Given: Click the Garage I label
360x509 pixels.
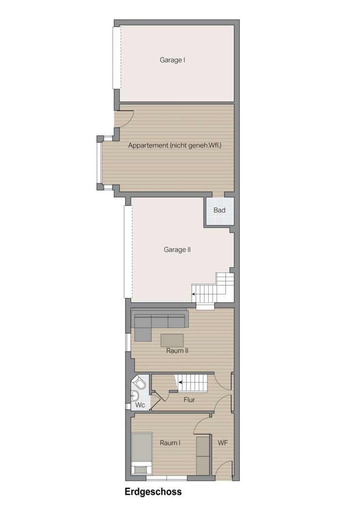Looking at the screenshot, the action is (x=172, y=60).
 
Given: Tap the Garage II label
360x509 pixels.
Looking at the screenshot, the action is (x=177, y=250).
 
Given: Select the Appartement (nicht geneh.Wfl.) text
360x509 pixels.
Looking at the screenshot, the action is (x=175, y=146).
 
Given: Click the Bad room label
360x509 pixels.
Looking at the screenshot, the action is (x=220, y=210).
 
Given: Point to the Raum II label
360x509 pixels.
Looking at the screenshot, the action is (x=177, y=351).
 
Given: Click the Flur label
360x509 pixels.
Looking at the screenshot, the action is (x=189, y=400).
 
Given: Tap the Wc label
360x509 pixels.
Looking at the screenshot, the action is (x=140, y=405).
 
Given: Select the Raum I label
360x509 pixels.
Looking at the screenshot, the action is (x=170, y=443).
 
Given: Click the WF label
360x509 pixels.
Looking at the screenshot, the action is (x=222, y=443).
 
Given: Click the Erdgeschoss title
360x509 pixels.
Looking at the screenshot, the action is (x=153, y=492).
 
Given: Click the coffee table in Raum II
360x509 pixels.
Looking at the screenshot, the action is (x=172, y=340).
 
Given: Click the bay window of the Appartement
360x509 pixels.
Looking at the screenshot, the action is (x=99, y=163).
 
